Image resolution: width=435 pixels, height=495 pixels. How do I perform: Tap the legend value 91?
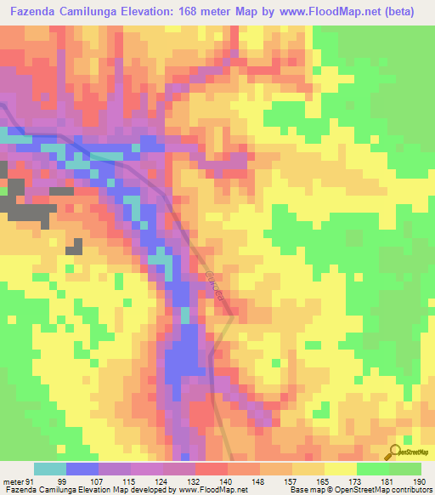[x=31, y=481]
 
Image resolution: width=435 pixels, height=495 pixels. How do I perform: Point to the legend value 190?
[x=419, y=481]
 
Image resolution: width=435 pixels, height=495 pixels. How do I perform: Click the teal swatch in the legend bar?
[x=50, y=469]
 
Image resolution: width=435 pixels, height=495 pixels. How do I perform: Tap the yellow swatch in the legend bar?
[x=341, y=469]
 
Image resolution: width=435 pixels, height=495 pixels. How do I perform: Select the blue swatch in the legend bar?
[x=82, y=469]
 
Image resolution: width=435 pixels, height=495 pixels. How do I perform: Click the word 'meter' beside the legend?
[x=13, y=481]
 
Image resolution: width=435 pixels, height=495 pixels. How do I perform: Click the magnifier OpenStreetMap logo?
[x=394, y=452]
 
